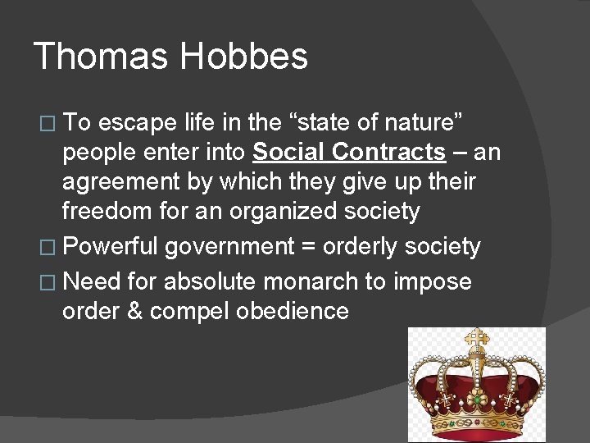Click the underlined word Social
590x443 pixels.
(x=288, y=153)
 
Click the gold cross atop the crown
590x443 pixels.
(x=475, y=337)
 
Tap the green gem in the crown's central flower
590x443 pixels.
(x=475, y=400)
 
